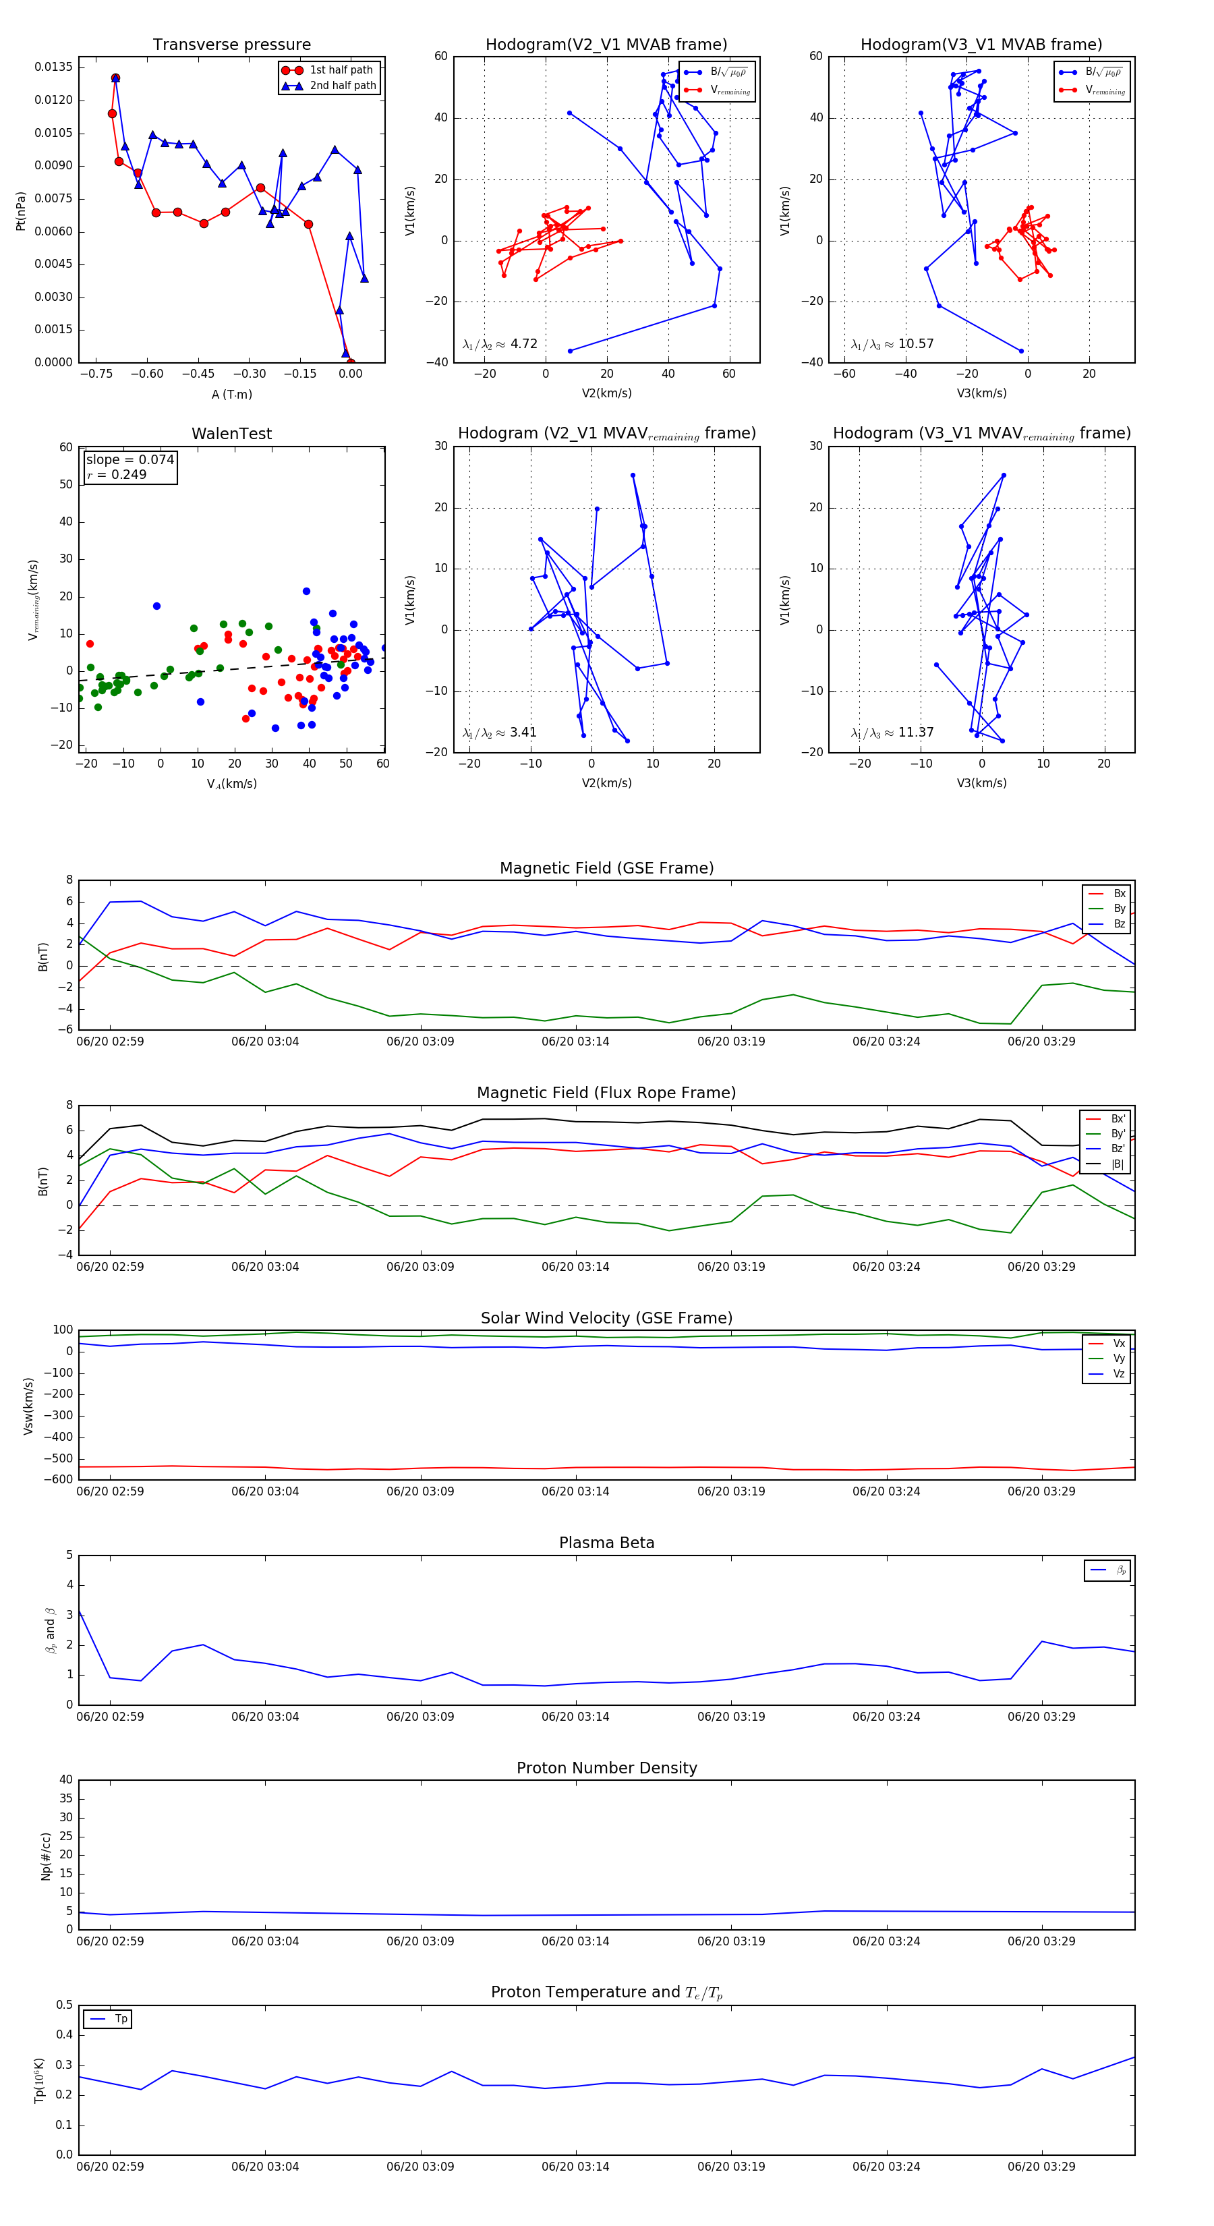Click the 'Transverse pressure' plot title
tap(231, 45)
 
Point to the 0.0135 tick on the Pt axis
tap(53, 67)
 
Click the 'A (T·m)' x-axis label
tap(231, 394)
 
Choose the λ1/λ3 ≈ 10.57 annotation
tap(892, 344)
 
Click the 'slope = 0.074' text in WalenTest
tap(129, 460)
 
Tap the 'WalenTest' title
tap(231, 434)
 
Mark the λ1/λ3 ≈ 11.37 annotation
tap(892, 733)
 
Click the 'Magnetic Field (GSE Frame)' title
tap(606, 868)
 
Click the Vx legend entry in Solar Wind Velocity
tap(1118, 1344)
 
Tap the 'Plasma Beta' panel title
tap(606, 1543)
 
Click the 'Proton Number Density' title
tap(606, 1768)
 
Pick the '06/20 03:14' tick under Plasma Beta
tap(575, 1717)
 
